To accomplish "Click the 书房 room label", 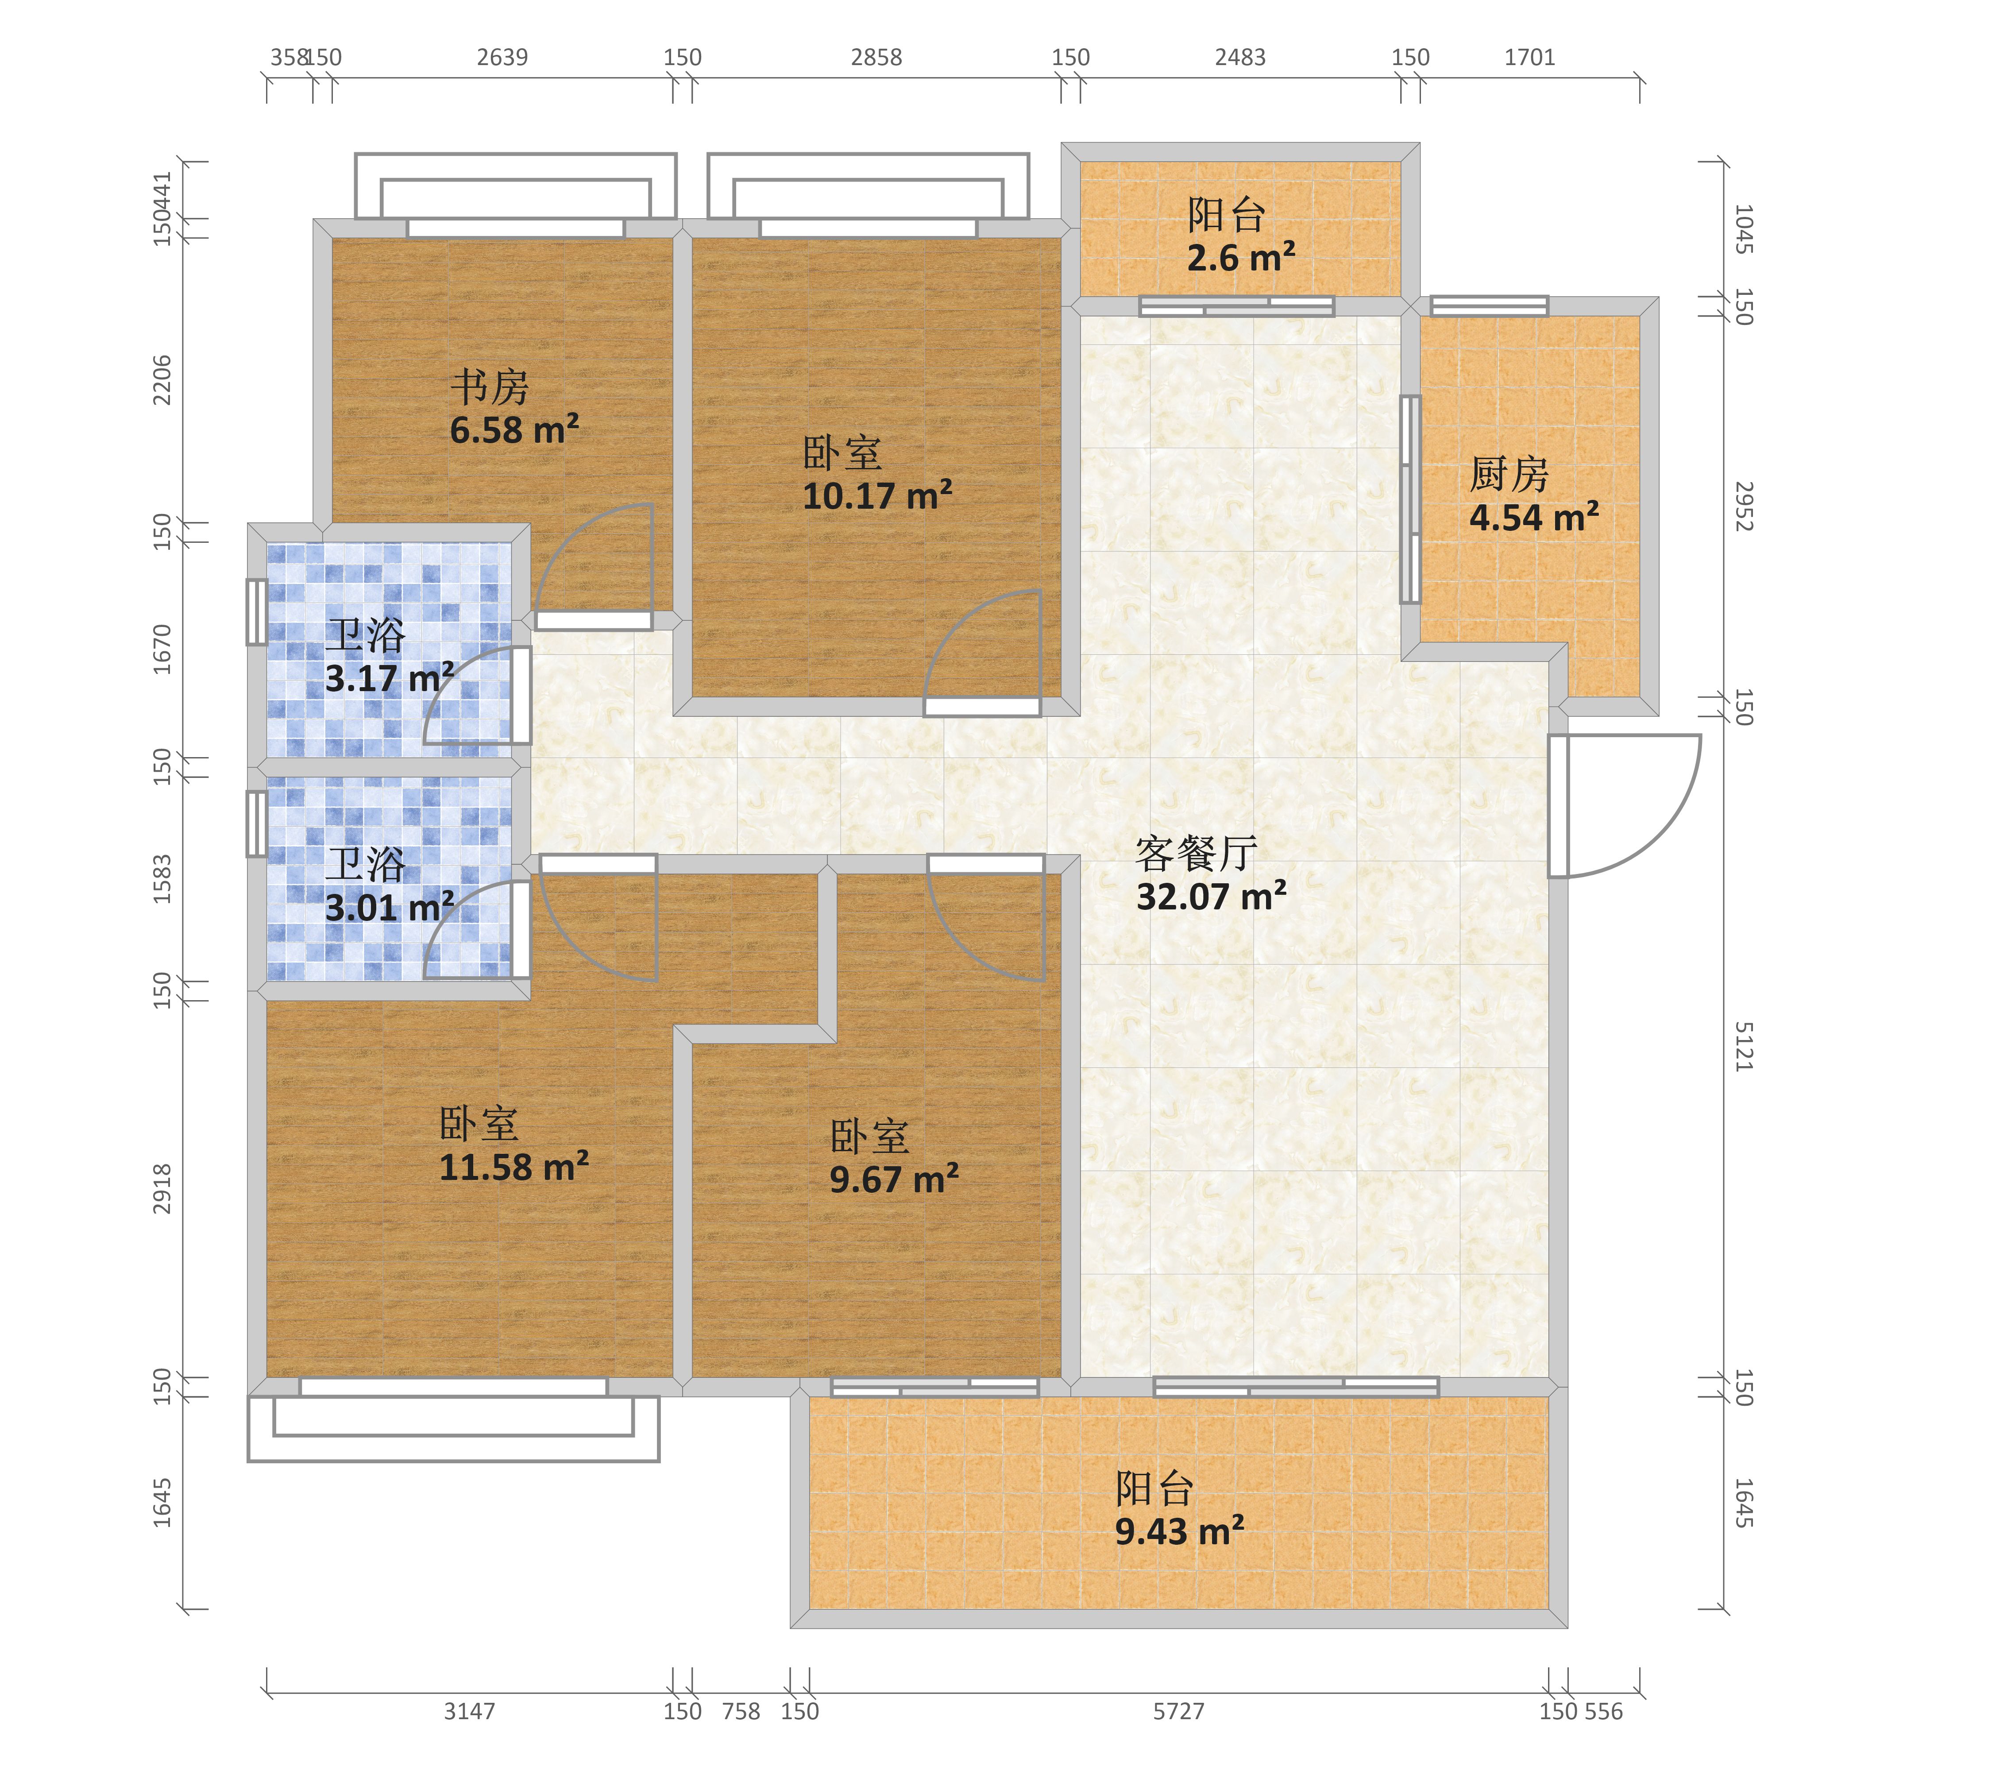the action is (489, 387).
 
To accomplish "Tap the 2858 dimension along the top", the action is (876, 58).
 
